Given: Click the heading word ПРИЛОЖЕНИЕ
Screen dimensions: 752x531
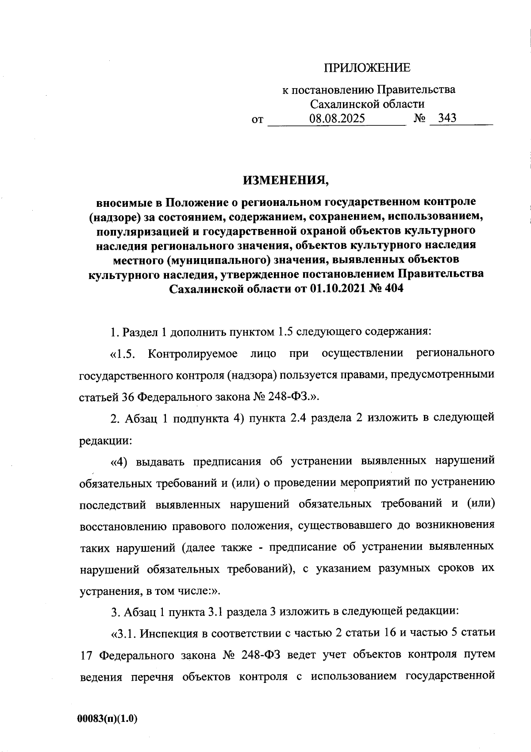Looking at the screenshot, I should (x=367, y=68).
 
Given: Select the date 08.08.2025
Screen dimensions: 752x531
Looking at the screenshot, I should (x=337, y=119).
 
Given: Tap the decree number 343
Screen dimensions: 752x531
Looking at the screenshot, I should (x=446, y=118).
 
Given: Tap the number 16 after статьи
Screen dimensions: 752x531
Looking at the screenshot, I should (x=389, y=632).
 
